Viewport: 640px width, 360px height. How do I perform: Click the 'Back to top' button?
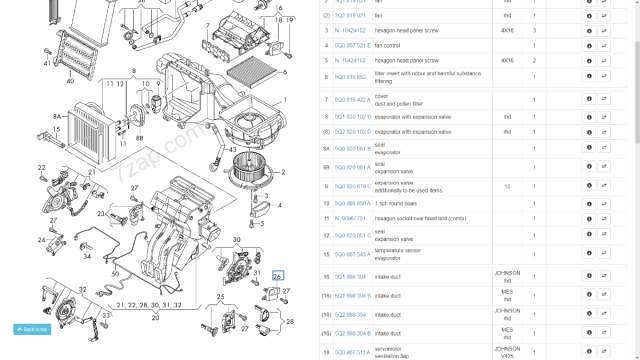(32, 329)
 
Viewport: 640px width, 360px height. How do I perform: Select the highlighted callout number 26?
(278, 275)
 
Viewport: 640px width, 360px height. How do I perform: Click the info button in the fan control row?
(589, 45)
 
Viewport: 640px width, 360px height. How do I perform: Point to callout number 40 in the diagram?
(69, 82)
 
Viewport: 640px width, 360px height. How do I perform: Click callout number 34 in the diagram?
(86, 256)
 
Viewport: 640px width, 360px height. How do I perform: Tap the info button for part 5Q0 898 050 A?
(589, 202)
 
